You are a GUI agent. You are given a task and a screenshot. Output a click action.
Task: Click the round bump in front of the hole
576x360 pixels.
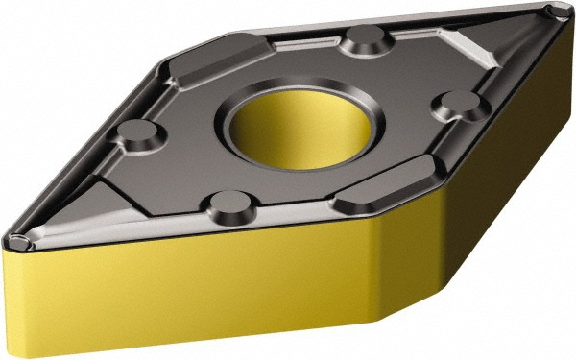click(228, 204)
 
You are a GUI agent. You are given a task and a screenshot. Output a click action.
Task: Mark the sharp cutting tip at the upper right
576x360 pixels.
click(554, 12)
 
